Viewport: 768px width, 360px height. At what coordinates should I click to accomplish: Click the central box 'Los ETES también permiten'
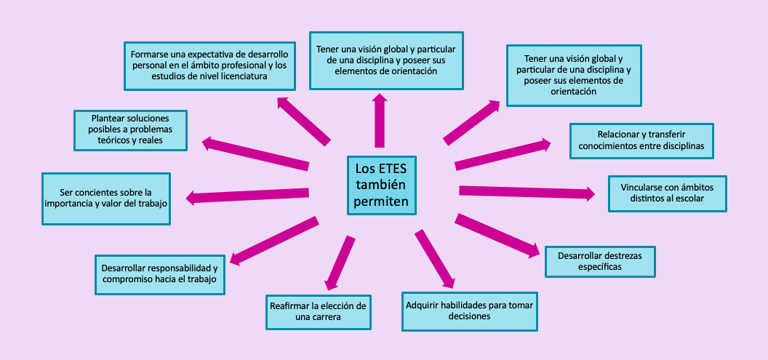click(382, 185)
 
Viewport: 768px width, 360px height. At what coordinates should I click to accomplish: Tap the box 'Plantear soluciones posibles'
click(131, 130)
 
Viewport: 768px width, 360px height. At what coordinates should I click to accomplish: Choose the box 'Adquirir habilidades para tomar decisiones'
click(469, 311)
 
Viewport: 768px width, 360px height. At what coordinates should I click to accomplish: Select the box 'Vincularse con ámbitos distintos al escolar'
click(667, 193)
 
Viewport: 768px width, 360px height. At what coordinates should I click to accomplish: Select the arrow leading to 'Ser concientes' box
click(247, 195)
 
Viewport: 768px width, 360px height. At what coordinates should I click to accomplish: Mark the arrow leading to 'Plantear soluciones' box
click(255, 153)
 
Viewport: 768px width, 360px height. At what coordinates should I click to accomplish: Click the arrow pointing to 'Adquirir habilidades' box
click(436, 259)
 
